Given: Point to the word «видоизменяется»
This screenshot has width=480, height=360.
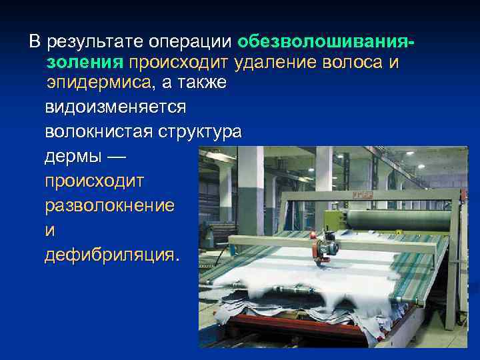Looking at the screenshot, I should pos(115,107).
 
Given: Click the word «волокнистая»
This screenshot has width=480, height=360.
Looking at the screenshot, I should pos(99,131).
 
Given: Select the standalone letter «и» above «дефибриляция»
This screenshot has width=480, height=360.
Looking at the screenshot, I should pos(49,230).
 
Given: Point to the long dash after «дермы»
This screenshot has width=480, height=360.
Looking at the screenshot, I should pos(115,156).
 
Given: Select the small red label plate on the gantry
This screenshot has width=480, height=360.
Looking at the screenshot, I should pos(365,195).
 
